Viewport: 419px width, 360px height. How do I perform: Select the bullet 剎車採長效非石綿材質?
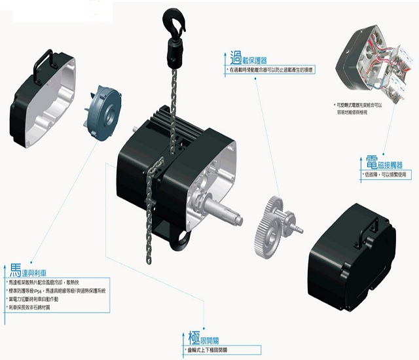[39, 307]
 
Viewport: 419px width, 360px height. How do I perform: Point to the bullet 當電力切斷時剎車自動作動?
[45, 298]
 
